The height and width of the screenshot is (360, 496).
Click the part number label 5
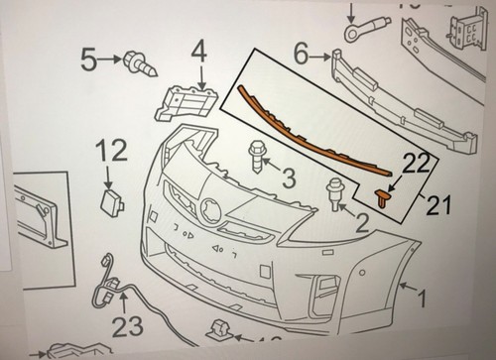point(89,60)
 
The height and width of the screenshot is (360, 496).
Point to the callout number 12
point(113,152)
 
